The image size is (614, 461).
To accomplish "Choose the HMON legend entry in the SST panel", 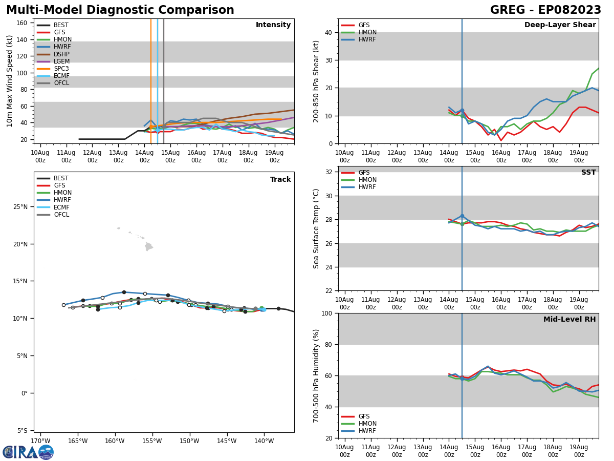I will coord(367,180).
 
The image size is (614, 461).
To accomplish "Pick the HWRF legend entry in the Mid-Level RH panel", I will coord(367,431).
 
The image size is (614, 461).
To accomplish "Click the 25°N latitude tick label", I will coord(20,207).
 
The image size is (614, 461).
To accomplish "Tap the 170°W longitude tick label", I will coord(40,441).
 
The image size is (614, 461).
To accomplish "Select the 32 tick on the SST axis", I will coord(329,172).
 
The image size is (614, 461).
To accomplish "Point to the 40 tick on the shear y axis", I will coord(329,33).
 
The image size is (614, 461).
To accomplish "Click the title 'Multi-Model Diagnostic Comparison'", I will coord(120,10).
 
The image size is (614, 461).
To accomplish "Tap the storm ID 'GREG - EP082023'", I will coord(545,10).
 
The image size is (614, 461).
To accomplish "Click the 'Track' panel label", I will coord(280,180).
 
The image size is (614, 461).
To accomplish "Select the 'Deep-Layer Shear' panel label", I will coord(560,25).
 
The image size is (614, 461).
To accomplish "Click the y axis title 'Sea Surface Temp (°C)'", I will coord(316,228).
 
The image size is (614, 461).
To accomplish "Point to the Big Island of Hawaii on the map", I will coord(149,247).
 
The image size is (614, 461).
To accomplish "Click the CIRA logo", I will coord(28,452).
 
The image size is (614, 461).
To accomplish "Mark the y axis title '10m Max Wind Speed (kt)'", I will coord(10,81).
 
